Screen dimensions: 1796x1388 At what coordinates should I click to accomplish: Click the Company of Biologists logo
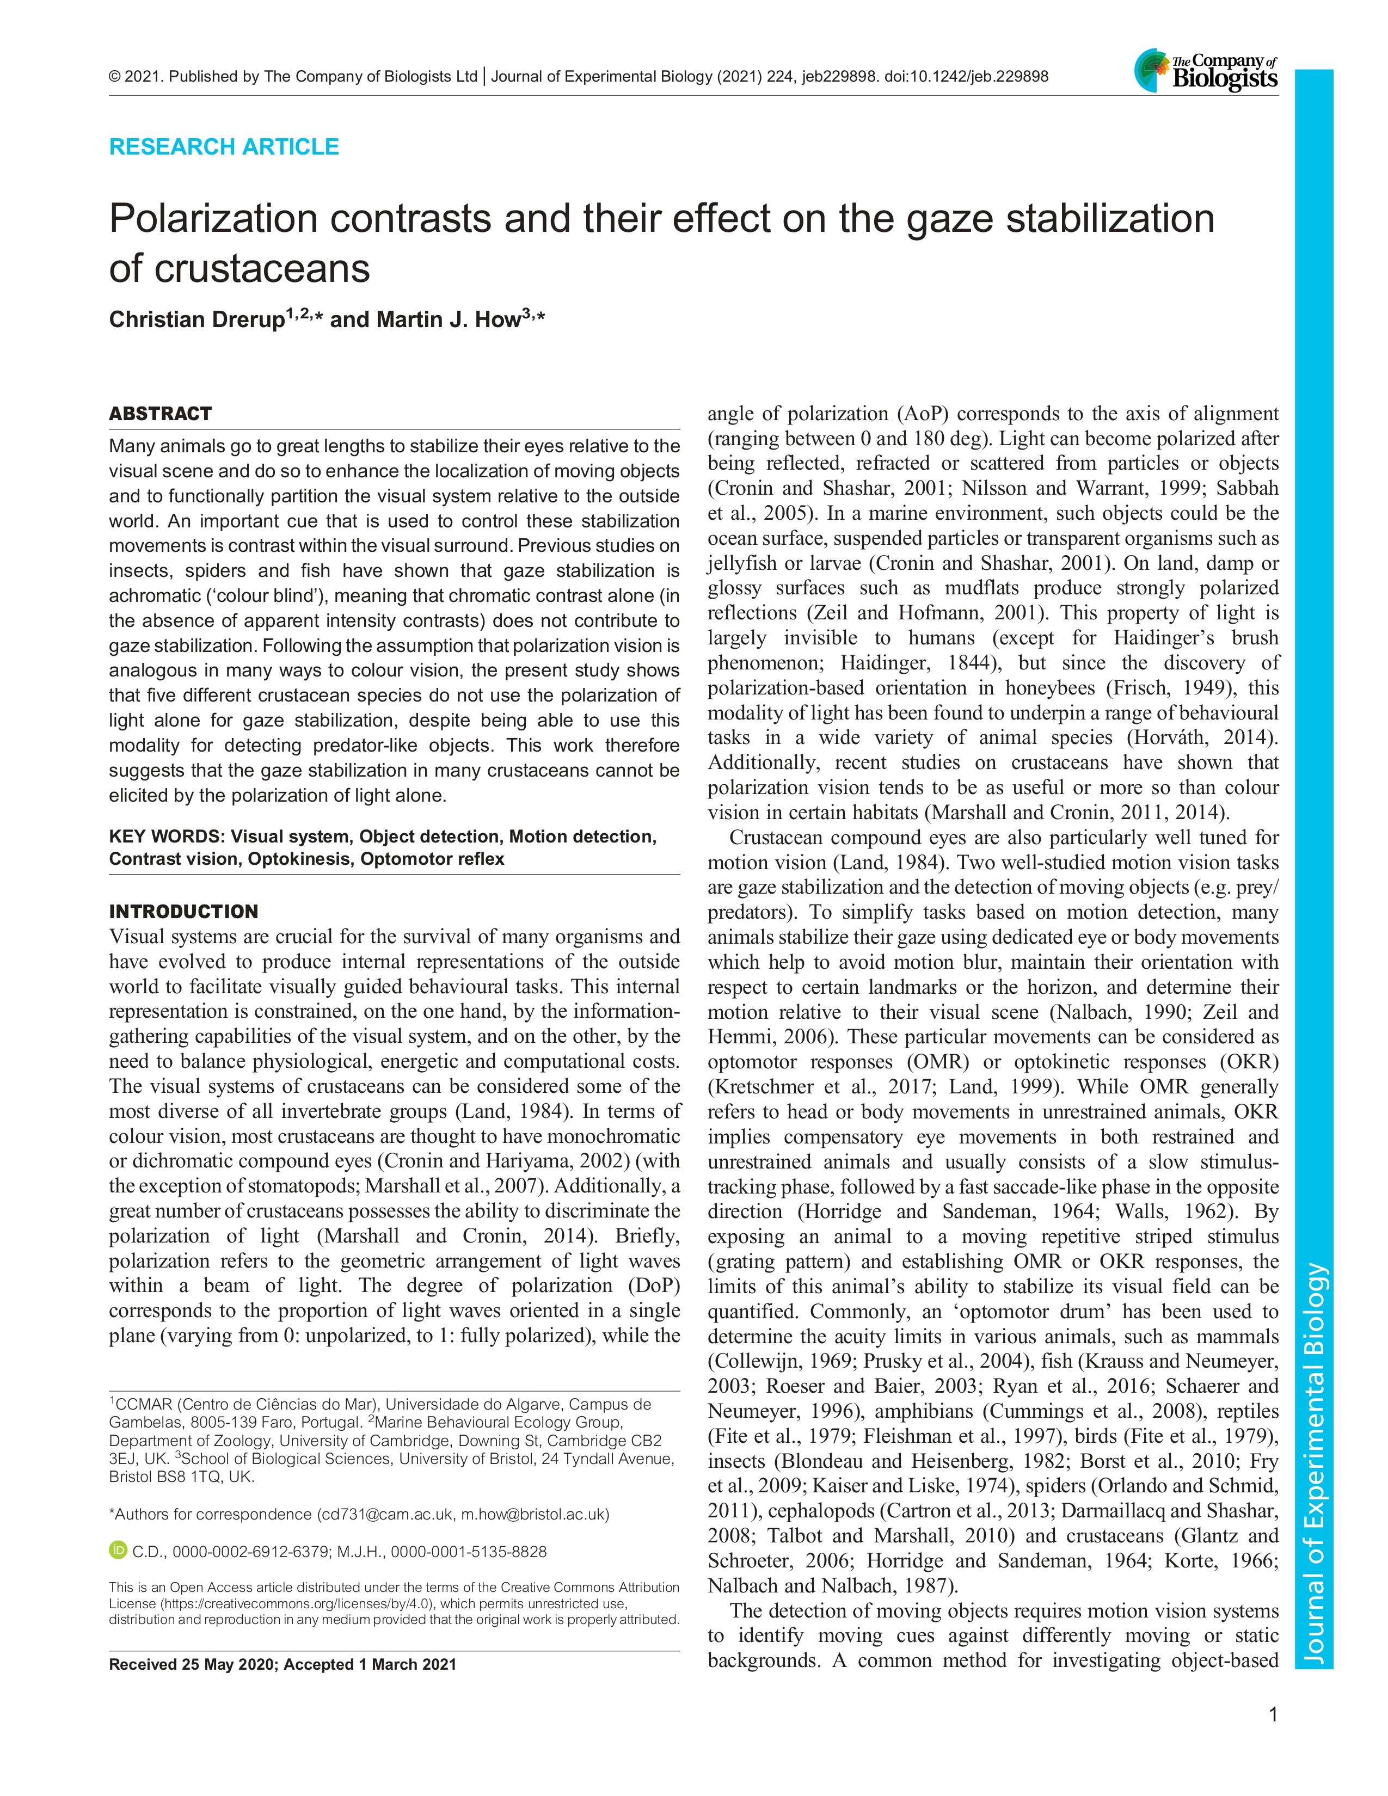point(1206,70)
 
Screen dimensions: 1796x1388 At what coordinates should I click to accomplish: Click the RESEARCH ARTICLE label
point(224,147)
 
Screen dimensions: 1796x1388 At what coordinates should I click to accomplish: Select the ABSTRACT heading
point(161,414)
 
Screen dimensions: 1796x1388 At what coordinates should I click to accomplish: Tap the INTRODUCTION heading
point(183,911)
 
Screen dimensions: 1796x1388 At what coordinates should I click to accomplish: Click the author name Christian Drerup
point(196,320)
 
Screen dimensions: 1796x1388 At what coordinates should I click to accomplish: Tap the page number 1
point(1273,1714)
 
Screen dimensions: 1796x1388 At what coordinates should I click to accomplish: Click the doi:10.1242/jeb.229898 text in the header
point(966,77)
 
